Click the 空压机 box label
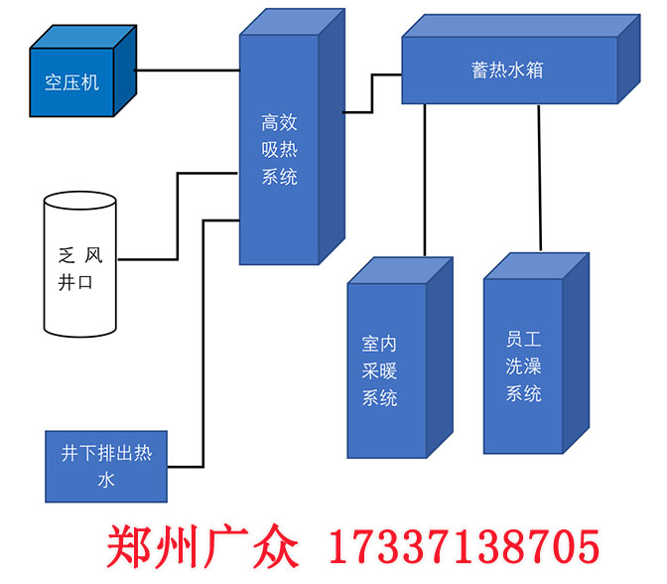(71, 81)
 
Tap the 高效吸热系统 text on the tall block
(279, 150)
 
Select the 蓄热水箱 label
(507, 72)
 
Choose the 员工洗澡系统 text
(523, 365)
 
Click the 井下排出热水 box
(106, 467)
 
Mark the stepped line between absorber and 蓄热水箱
(372, 93)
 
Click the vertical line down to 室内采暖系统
(425, 179)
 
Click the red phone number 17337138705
(463, 547)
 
